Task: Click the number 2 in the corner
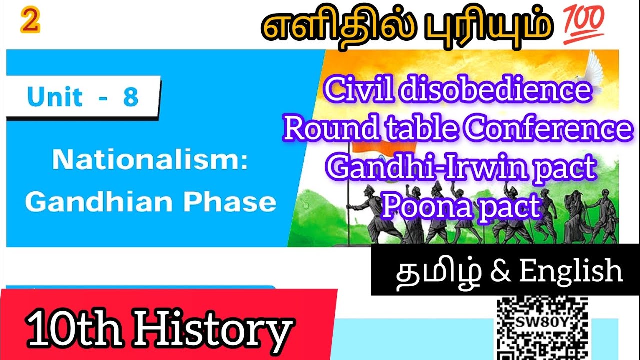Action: [30, 23]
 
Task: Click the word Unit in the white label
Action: [55, 97]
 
